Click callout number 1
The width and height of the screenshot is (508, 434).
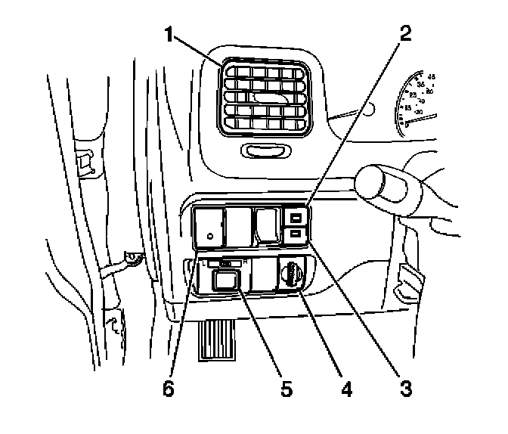(170, 35)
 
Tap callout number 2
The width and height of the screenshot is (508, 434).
(406, 33)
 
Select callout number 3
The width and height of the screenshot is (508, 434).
(406, 390)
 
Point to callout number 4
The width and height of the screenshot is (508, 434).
(345, 390)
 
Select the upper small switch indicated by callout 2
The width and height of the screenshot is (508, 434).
(296, 220)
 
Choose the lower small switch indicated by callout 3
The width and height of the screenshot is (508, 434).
(296, 237)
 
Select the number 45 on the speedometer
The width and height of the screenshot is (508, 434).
(432, 76)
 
